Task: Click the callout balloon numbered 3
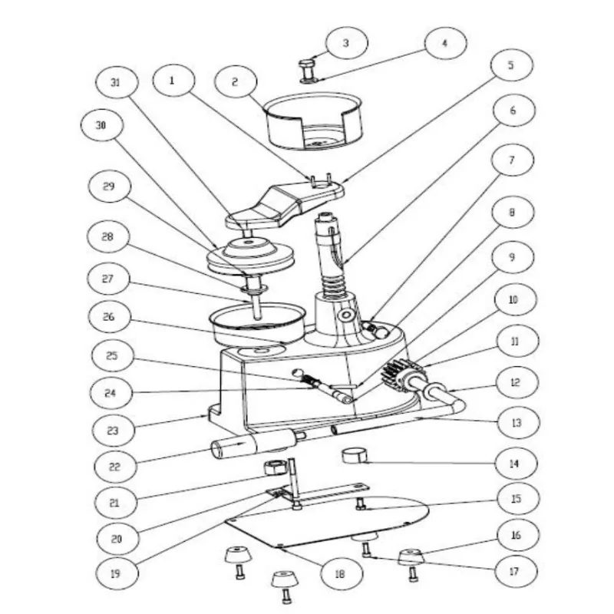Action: tap(345, 44)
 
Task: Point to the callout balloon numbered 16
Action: tap(515, 534)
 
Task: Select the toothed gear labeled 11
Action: tap(405, 376)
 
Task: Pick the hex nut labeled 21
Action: tap(274, 467)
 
